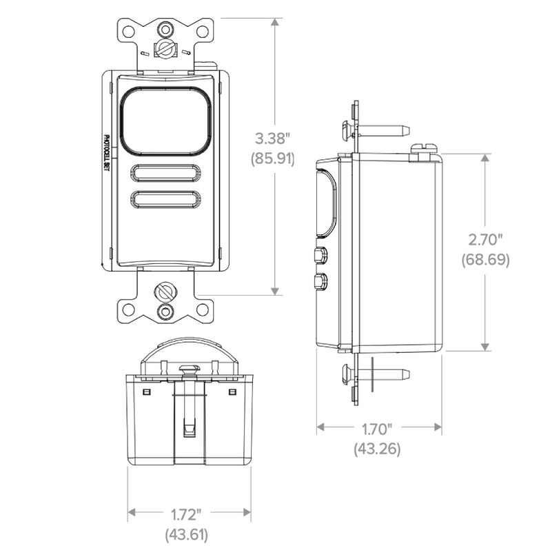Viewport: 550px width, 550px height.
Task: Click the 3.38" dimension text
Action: click(272, 139)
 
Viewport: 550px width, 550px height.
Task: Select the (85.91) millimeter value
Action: click(272, 159)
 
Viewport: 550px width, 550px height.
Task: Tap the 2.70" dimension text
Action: click(485, 240)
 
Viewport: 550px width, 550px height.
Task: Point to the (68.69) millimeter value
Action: click(485, 260)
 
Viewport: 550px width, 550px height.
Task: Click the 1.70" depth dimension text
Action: click(377, 429)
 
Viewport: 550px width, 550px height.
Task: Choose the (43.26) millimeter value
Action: click(377, 449)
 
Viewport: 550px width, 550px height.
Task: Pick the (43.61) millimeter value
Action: click(186, 535)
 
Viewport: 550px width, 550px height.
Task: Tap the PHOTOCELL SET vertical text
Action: click(107, 155)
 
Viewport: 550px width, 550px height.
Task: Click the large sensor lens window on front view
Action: click(165, 121)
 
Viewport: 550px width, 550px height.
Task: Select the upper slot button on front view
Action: click(165, 173)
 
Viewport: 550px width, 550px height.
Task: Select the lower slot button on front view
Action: click(165, 200)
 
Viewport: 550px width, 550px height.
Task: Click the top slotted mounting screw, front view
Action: click(165, 48)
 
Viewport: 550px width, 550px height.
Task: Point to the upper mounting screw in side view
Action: click(376, 130)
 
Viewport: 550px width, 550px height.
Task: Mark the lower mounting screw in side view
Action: click(376, 374)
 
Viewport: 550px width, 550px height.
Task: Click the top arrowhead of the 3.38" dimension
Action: click(274, 22)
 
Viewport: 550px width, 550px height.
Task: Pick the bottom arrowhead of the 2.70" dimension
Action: click(485, 347)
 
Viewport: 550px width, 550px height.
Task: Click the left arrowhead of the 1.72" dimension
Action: click(132, 513)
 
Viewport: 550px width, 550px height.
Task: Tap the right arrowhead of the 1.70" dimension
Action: click(438, 427)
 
